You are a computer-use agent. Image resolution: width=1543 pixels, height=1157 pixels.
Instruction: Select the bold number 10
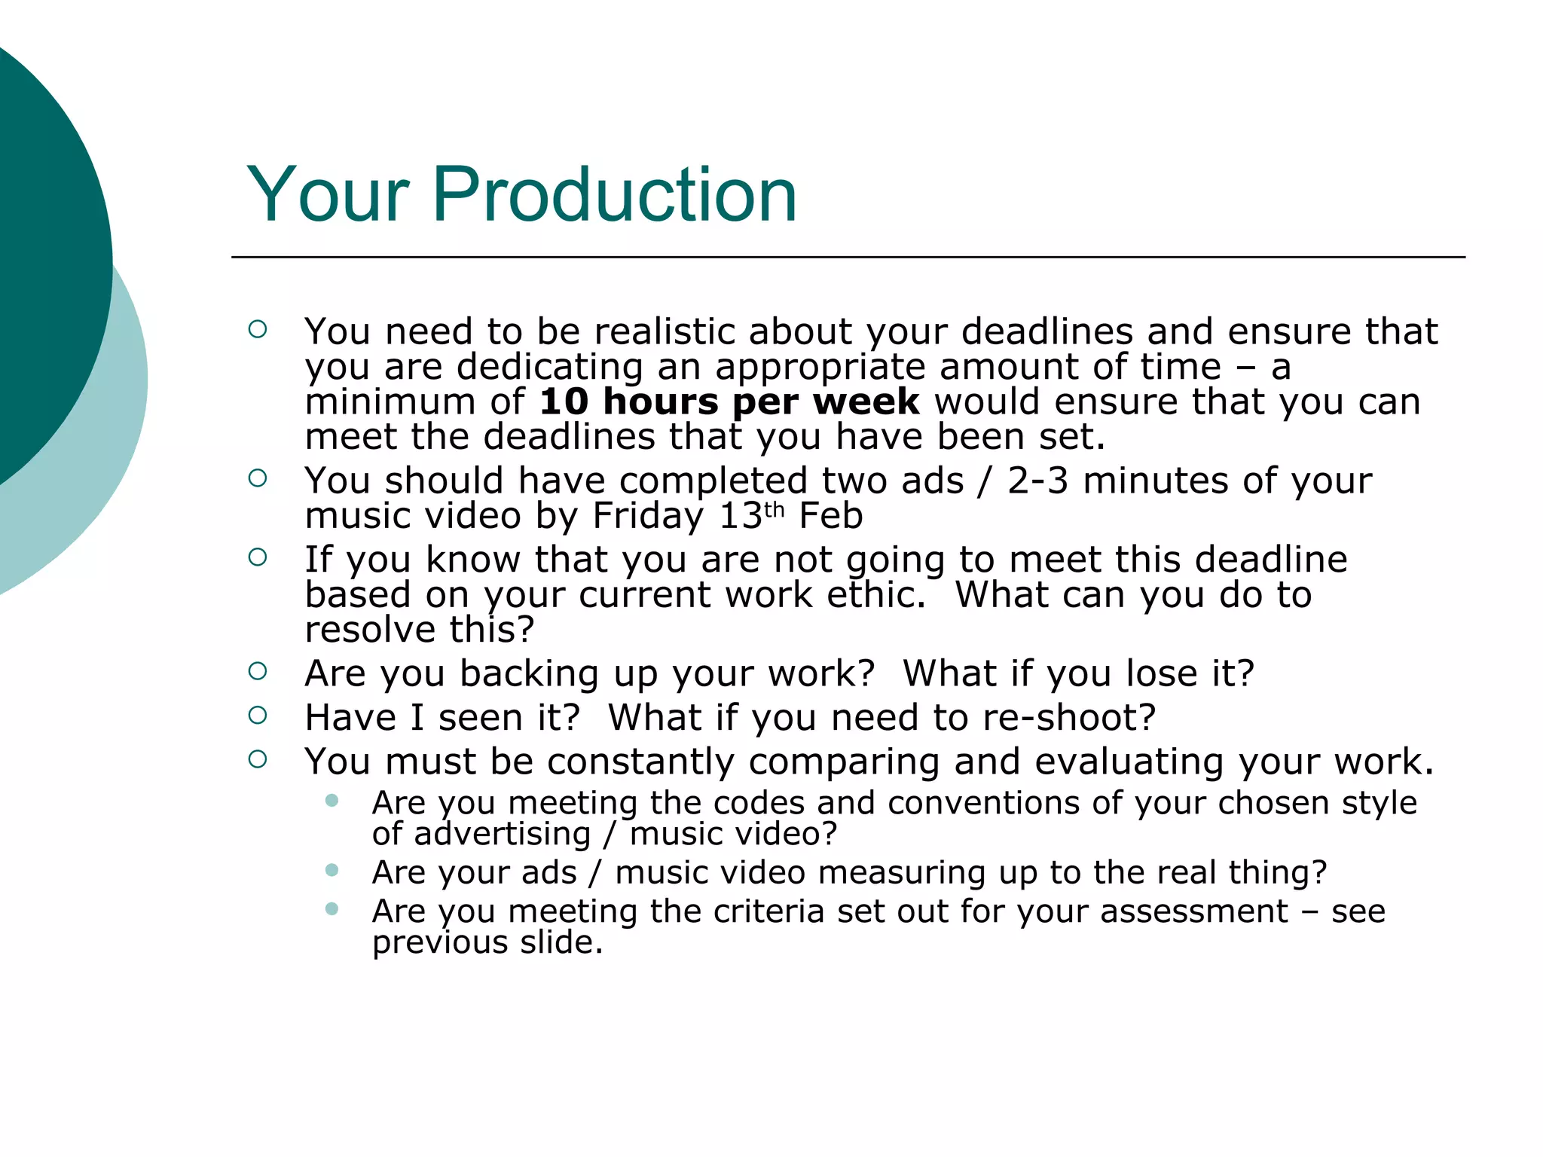pos(564,401)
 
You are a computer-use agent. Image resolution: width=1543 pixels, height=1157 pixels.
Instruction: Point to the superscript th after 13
pos(775,510)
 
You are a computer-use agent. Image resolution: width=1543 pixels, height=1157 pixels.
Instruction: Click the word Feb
pos(830,516)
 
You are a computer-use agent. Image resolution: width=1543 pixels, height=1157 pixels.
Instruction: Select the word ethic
pos(876,595)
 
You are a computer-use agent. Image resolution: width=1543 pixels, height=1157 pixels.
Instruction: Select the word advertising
pos(502,835)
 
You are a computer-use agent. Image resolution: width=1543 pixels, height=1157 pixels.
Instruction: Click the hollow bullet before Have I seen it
pos(258,715)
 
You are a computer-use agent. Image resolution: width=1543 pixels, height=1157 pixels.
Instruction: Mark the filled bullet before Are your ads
pos(332,871)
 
